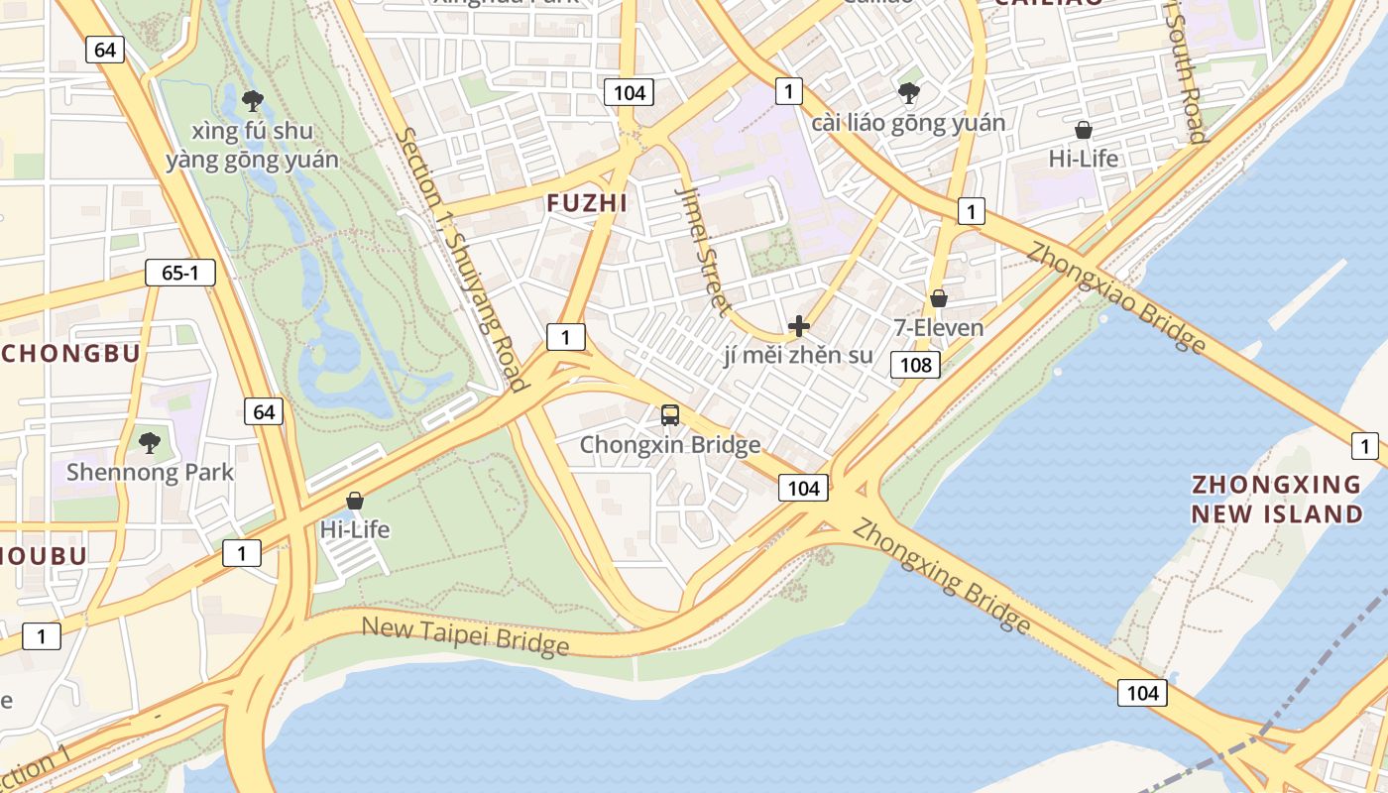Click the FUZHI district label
(x=587, y=203)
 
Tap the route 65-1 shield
(x=179, y=274)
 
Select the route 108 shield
(x=915, y=365)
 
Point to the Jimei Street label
(x=703, y=248)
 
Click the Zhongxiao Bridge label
(x=1115, y=296)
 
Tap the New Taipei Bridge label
(x=465, y=636)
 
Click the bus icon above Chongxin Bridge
(x=670, y=415)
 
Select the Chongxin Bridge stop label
(x=670, y=445)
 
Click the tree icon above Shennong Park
(x=150, y=442)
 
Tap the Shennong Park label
(x=150, y=472)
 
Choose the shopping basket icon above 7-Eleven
(x=939, y=298)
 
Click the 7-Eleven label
(x=939, y=328)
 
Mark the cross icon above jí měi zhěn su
(x=798, y=326)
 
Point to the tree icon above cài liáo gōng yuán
(x=908, y=93)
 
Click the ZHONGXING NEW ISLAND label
(x=1276, y=499)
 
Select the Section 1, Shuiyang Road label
(x=460, y=260)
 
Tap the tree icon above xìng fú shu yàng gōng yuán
(x=252, y=99)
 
